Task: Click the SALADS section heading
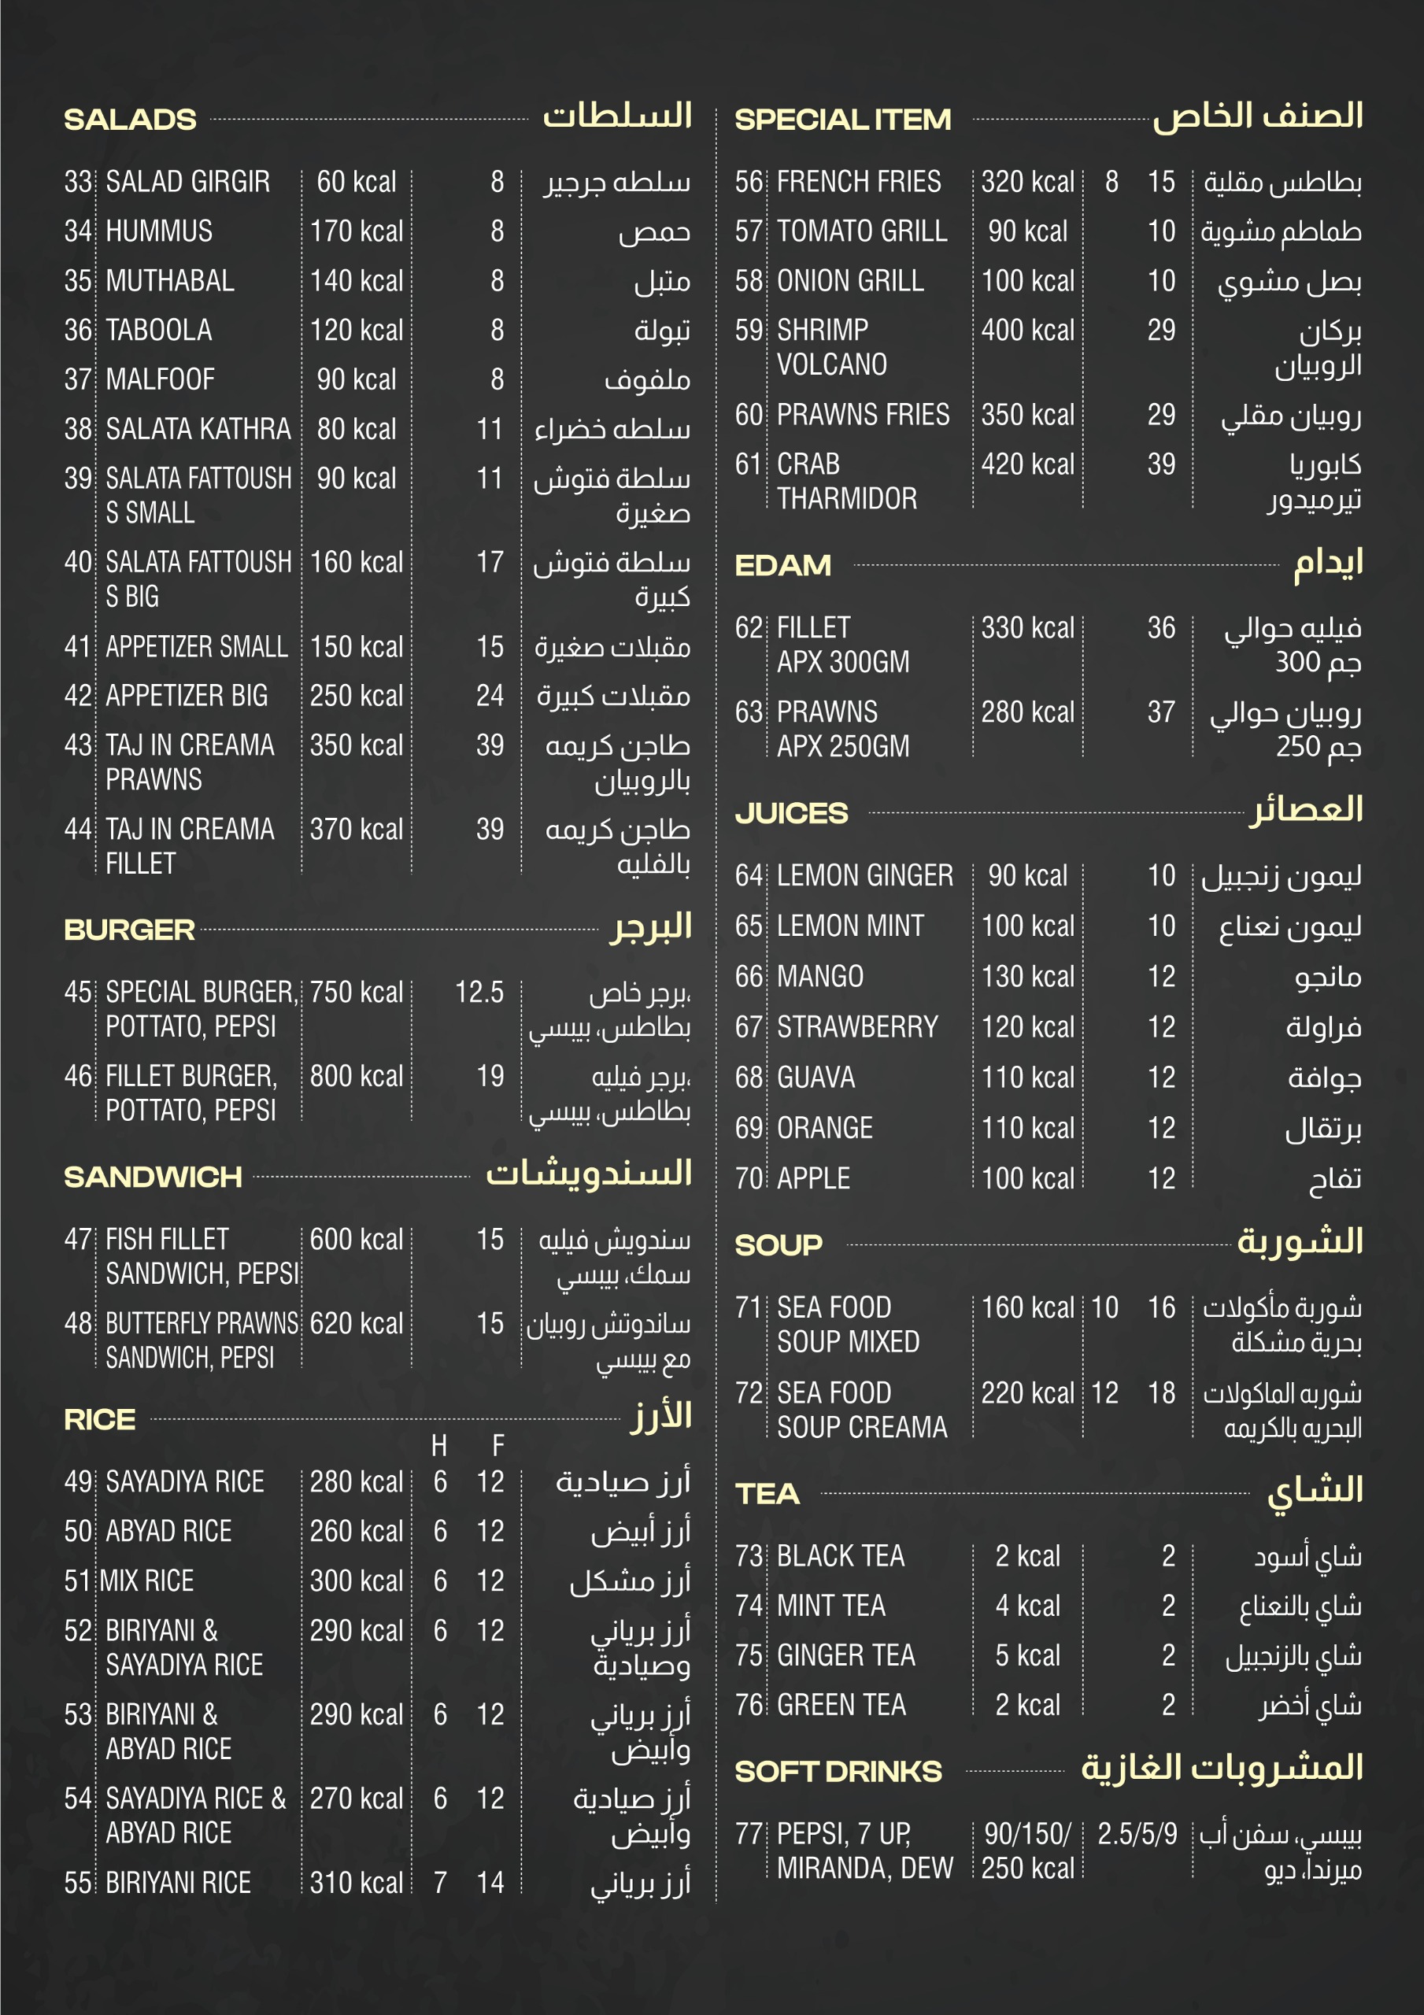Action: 130,120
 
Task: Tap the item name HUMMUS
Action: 159,231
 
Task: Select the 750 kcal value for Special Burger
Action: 356,992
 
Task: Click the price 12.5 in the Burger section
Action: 479,992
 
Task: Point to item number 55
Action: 77,1883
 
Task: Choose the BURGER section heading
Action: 129,930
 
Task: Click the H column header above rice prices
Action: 439,1445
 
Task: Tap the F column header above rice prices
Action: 497,1445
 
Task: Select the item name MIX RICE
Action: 146,1581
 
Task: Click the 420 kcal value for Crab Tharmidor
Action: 1027,464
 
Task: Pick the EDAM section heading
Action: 782,565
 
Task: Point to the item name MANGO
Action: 820,976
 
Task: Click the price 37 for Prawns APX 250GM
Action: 1160,712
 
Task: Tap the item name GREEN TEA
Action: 841,1704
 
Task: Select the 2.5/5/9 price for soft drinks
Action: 1137,1833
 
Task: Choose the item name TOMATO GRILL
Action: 861,231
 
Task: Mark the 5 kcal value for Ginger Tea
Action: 1027,1655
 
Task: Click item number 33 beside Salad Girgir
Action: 77,182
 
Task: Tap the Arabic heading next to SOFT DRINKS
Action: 1221,1768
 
